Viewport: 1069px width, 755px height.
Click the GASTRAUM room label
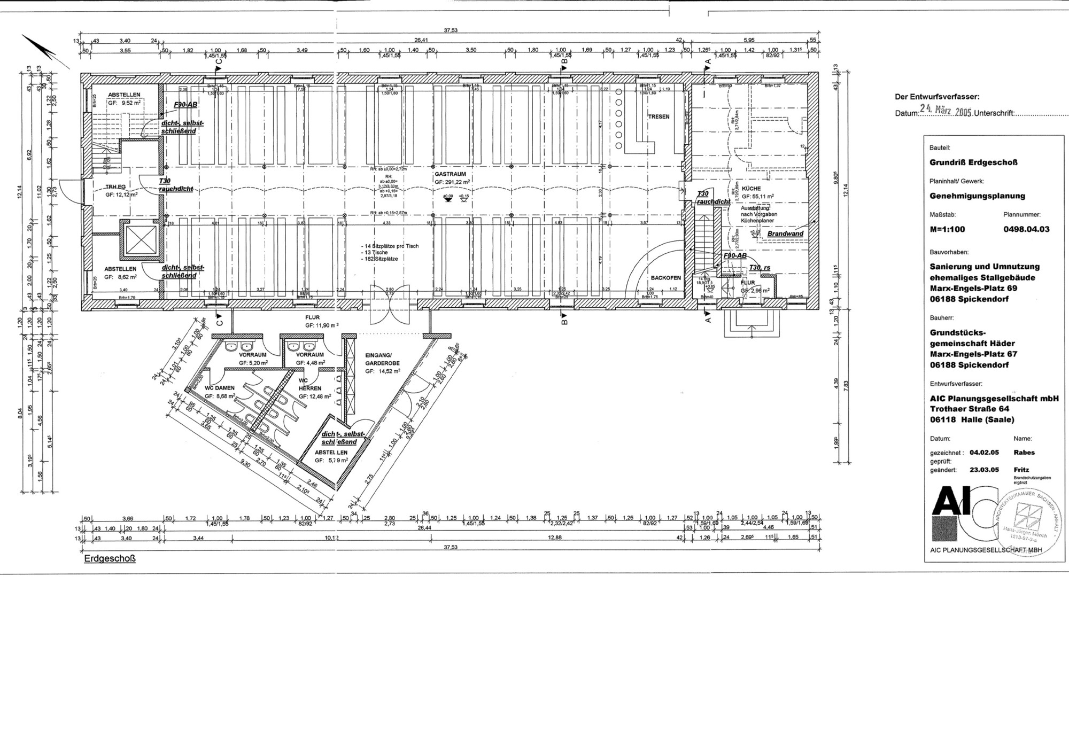tap(450, 174)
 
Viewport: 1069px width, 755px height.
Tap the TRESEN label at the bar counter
tap(659, 116)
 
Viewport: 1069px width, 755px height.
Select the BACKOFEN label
tap(665, 278)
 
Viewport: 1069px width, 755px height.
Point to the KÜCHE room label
tap(751, 189)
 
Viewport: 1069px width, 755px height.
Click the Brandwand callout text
tap(785, 234)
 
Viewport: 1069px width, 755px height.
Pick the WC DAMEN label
tap(220, 388)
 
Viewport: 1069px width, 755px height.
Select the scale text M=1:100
tap(947, 229)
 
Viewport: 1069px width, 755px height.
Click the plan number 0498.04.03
tap(1026, 229)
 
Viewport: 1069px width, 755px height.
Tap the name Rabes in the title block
tap(1024, 452)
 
